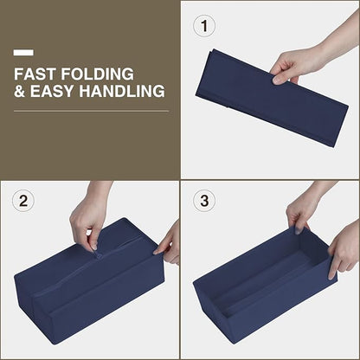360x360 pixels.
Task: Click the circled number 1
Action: click(x=204, y=26)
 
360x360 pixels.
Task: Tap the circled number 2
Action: click(x=23, y=200)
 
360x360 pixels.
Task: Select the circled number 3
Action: click(x=204, y=201)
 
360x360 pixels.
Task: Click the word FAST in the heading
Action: click(x=35, y=74)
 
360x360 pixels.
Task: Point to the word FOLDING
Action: click(x=97, y=74)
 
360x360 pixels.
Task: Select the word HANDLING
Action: click(x=122, y=91)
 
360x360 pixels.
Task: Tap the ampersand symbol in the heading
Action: click(x=19, y=91)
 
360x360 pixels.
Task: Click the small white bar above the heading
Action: click(x=23, y=53)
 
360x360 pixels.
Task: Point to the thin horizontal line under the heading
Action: click(x=91, y=111)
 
